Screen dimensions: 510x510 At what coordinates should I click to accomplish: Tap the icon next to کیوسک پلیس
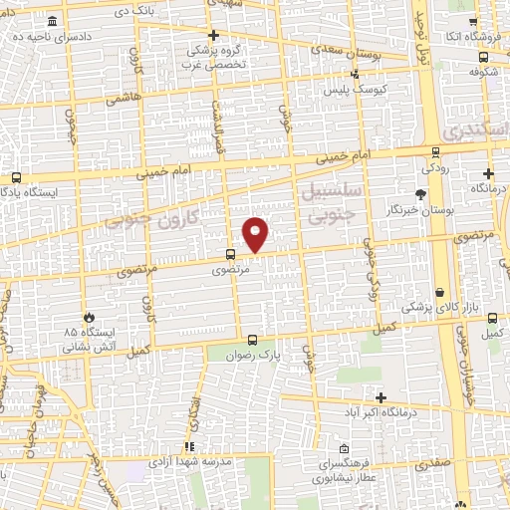click(354, 73)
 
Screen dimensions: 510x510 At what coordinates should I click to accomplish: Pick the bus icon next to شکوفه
click(474, 55)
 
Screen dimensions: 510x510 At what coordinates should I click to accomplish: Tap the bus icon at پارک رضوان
click(252, 339)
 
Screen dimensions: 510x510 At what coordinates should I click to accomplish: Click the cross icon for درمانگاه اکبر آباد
click(381, 397)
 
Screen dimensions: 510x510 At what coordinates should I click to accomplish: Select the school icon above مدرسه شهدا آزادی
click(188, 448)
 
